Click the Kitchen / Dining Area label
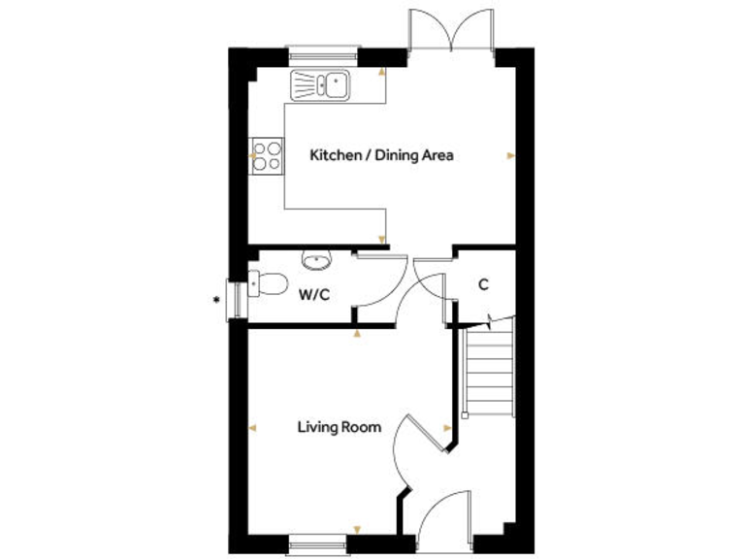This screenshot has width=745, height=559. click(381, 154)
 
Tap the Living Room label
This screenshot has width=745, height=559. click(340, 426)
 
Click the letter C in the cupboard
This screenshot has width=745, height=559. click(482, 285)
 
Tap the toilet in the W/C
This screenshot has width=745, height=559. click(268, 284)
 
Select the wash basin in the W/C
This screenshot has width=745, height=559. click(316, 259)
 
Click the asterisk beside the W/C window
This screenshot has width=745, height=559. click(215, 299)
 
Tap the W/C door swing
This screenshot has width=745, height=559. click(373, 281)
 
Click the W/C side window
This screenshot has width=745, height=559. click(235, 299)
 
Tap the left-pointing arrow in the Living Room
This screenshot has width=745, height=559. click(253, 427)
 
